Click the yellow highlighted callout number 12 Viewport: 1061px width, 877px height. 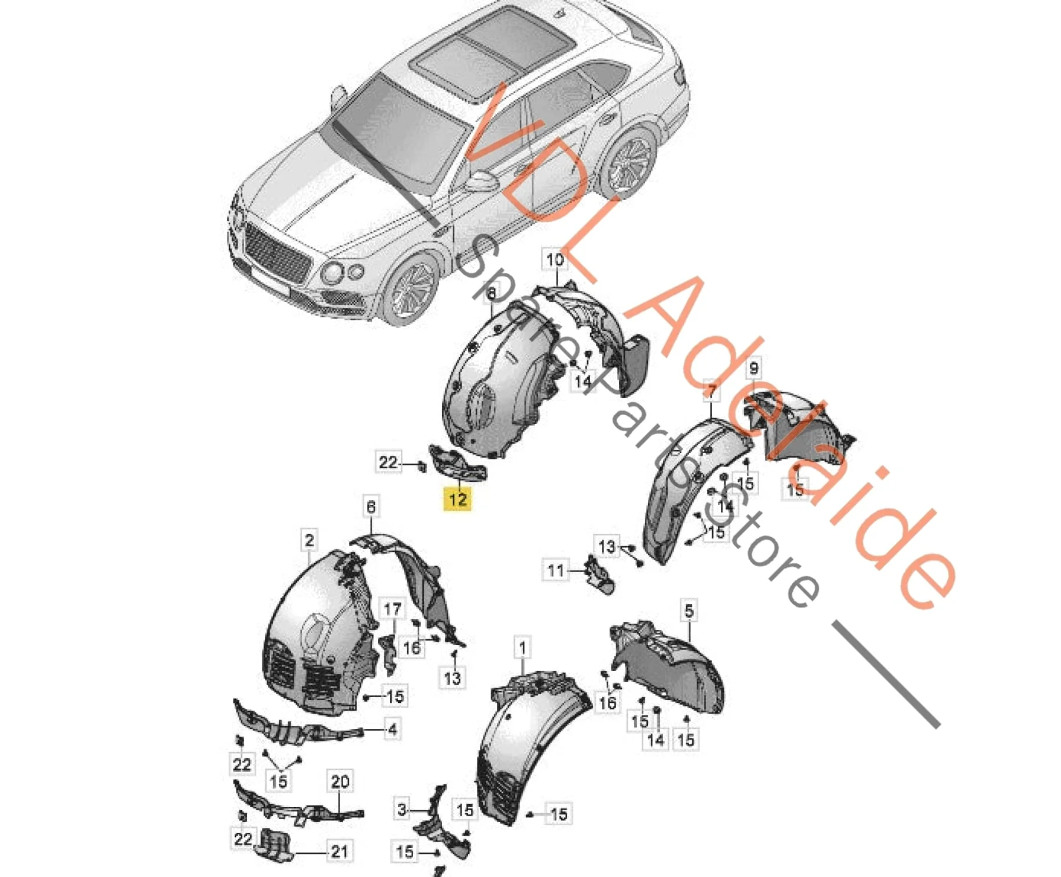(458, 499)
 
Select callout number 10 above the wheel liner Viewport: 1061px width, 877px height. (555, 260)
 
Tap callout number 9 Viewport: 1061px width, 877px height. (754, 369)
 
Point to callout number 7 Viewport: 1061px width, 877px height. (712, 392)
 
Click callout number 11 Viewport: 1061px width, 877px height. (556, 570)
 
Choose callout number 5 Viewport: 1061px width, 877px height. (689, 610)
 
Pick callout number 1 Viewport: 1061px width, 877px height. (522, 648)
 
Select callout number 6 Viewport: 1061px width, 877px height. (371, 507)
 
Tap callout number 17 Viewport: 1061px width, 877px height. (393, 609)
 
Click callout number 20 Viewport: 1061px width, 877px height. (340, 782)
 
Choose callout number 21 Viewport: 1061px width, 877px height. (339, 851)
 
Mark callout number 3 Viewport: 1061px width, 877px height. (402, 809)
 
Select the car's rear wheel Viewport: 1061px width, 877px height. (629, 160)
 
